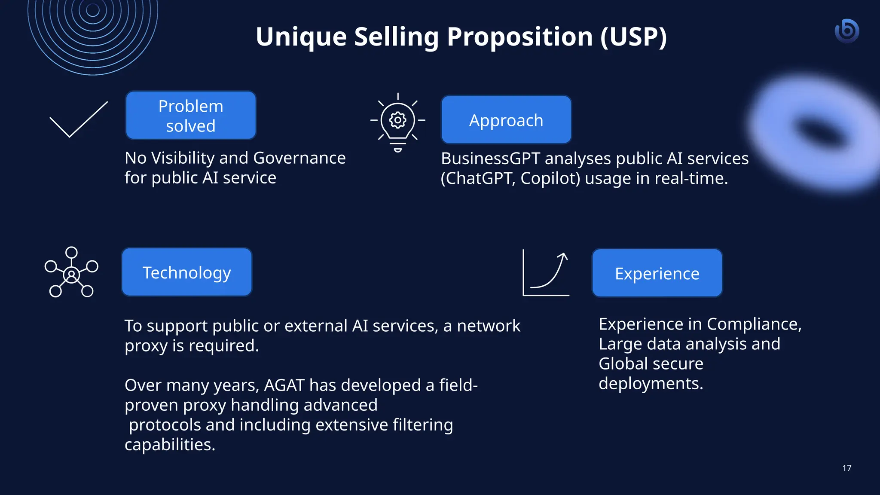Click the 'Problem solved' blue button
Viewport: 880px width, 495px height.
pos(191,116)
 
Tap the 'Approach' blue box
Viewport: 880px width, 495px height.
pos(506,120)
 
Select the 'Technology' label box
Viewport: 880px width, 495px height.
pos(186,272)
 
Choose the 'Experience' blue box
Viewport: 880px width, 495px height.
pos(657,273)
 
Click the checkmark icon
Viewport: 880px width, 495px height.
pos(79,119)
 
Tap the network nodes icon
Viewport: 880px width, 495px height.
pos(71,272)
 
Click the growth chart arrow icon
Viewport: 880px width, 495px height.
pos(546,273)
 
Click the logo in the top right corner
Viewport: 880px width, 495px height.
pos(847,31)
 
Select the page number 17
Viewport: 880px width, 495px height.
pos(847,468)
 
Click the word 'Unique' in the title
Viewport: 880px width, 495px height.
pos(301,37)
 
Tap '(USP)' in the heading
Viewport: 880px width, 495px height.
pos(633,37)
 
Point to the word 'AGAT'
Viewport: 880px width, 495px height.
pos(284,385)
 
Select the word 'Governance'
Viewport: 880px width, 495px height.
pos(299,158)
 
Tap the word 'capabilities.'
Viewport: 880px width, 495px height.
pos(170,445)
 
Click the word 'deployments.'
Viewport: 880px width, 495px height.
pos(651,383)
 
